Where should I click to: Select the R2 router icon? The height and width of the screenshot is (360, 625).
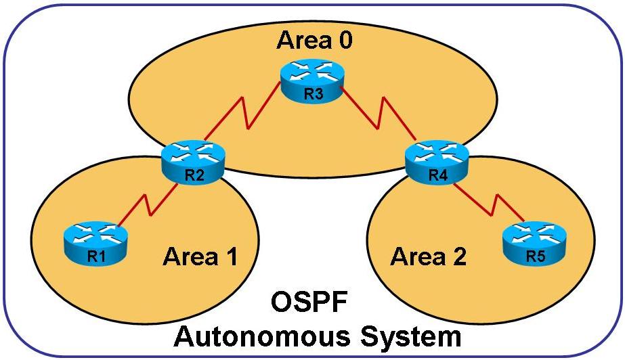pos(193,162)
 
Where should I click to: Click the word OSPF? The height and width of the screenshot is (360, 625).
pos(313,302)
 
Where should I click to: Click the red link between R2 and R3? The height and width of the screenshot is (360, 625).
pos(247,117)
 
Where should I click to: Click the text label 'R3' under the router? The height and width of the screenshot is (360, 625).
pos(312,95)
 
